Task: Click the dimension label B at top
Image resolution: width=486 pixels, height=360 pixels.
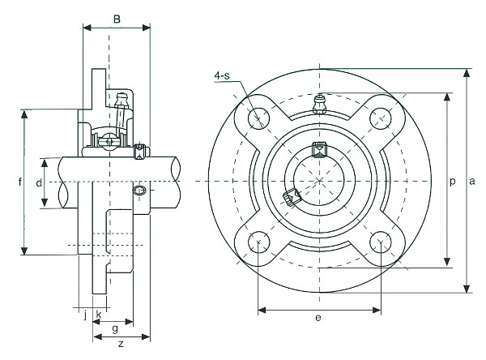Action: pos(117,18)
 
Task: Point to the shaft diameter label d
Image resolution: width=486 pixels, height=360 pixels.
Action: pos(38,183)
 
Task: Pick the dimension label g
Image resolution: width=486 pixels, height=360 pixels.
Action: pos(115,328)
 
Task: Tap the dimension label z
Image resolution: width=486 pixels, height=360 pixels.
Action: pos(120,345)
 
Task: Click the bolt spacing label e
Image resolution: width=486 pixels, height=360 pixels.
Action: pos(318,318)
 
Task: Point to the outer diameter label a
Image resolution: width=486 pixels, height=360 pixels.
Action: pos(471,181)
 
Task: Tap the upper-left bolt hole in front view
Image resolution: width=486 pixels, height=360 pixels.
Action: pos(259,118)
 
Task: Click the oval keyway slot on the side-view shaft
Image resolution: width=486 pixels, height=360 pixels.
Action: pos(140,191)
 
